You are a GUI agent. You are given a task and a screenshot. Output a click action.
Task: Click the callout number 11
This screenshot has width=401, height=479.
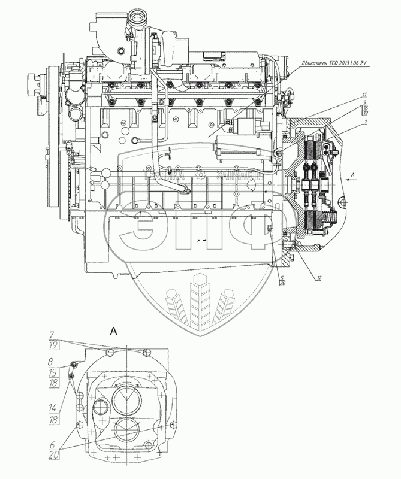click(x=364, y=96)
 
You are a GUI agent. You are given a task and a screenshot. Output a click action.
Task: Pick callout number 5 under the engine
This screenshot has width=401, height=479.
click(x=282, y=277)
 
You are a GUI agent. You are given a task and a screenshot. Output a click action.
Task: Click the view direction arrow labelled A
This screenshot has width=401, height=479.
click(x=354, y=175)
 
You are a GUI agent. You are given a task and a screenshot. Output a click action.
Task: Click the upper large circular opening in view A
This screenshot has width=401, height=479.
click(x=127, y=395)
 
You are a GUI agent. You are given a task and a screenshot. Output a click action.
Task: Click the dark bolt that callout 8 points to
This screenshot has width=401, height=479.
click(x=74, y=365)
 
